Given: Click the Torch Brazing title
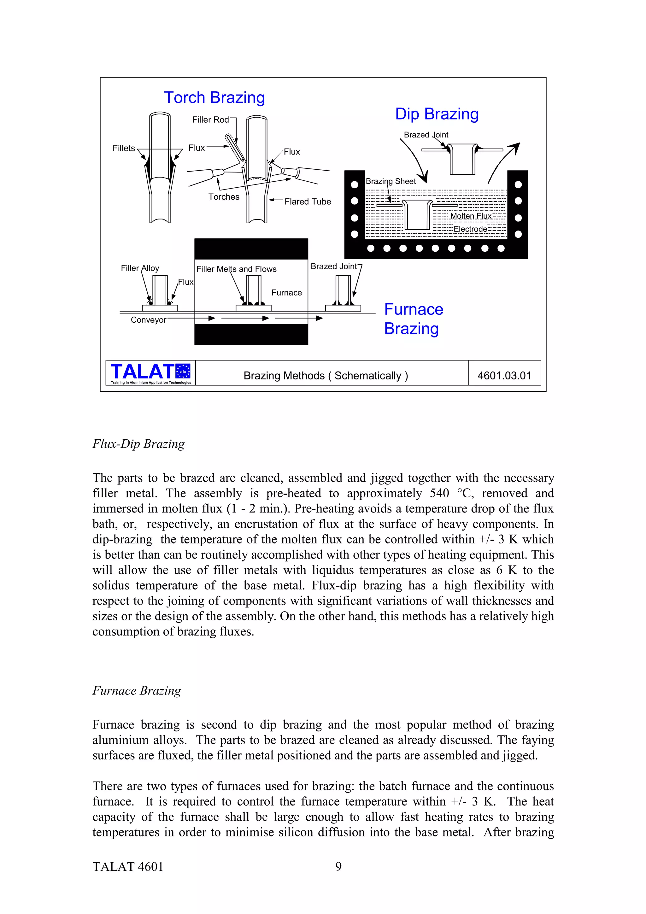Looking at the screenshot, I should point(214,97).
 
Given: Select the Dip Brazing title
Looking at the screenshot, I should point(437,114).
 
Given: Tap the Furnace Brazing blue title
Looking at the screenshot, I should point(414,319).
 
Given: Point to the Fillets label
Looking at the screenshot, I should point(124,148).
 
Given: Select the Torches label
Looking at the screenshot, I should point(224,197).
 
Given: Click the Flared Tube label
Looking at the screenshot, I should point(308,202).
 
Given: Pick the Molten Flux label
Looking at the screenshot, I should point(471,216).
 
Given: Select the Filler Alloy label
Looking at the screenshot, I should point(140,268).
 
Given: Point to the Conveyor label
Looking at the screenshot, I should point(149,320).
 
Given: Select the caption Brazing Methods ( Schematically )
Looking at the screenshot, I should point(326,376).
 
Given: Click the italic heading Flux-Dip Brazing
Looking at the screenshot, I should point(138,444).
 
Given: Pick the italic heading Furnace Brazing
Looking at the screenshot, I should point(137,691).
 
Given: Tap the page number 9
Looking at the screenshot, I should point(338,867).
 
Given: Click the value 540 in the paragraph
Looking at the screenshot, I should point(439,493).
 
